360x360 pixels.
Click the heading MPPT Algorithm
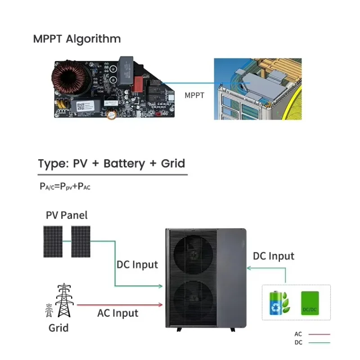[77, 39]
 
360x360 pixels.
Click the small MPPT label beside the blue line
[194, 95]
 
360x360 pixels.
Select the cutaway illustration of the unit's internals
[257, 89]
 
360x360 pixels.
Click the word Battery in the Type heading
[124, 163]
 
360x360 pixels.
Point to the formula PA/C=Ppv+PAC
[65, 186]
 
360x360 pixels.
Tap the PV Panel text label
[67, 215]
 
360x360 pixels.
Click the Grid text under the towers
[58, 328]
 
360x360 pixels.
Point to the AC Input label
[117, 313]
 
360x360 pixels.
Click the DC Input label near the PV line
[137, 265]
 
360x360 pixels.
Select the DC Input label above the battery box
[273, 256]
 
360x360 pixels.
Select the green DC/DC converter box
[310, 302]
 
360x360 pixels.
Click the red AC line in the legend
[319, 334]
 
